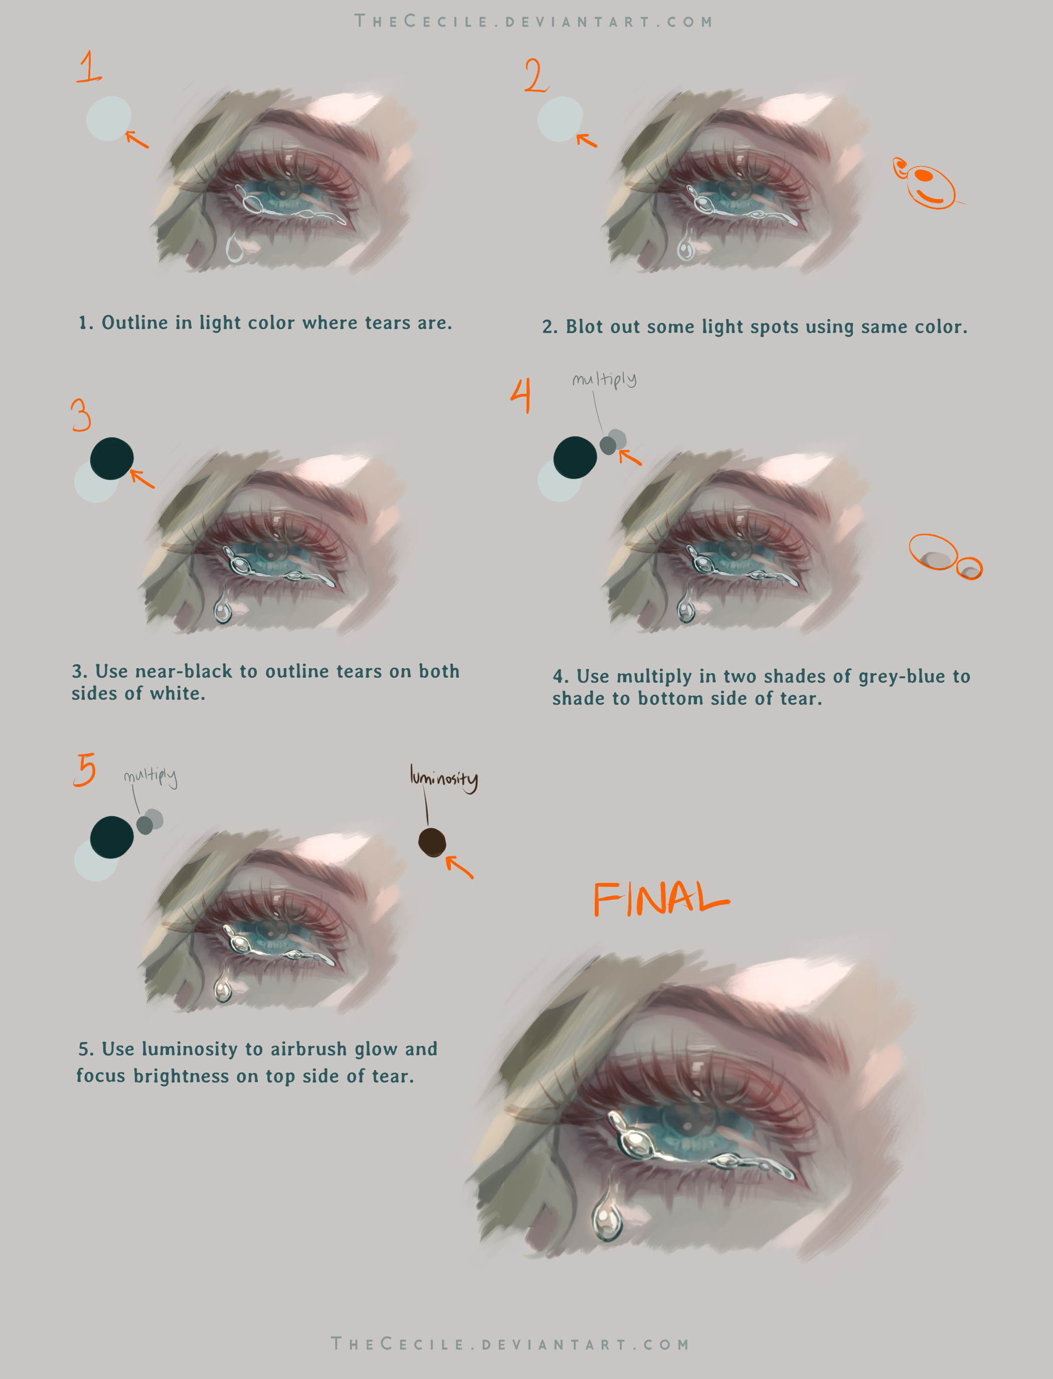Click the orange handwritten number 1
tap(89, 67)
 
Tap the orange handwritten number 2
tap(537, 76)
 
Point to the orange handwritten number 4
tap(521, 395)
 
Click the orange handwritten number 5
tap(85, 770)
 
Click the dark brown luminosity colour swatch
tap(432, 842)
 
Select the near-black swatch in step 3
tap(111, 458)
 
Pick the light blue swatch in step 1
tap(108, 118)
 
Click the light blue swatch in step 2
tap(560, 118)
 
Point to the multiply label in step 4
tap(604, 379)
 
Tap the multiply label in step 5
tap(150, 777)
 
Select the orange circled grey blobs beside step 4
tap(945, 557)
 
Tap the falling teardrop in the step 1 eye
tap(235, 248)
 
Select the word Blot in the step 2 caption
tap(586, 326)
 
